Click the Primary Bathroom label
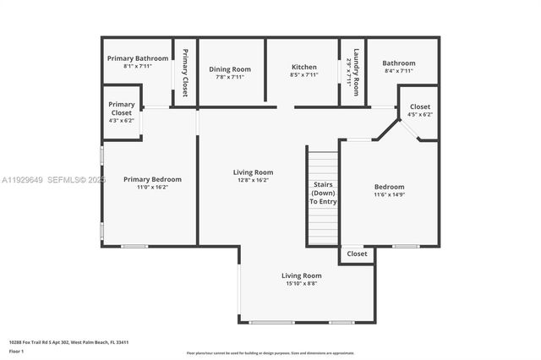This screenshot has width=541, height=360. (138, 58)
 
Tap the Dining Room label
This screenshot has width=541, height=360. (230, 69)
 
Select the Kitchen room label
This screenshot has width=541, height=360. (303, 67)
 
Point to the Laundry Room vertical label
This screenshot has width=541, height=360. (357, 71)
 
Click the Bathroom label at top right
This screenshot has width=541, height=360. (398, 63)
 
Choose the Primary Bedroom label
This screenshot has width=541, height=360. (152, 179)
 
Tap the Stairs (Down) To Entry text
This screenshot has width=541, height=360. (323, 194)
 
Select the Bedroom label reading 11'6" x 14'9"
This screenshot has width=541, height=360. (390, 187)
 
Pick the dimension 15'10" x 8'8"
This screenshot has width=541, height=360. (302, 284)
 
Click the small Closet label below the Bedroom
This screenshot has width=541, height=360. (357, 254)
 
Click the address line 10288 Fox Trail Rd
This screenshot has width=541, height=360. (68, 342)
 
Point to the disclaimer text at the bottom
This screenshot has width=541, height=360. (270, 353)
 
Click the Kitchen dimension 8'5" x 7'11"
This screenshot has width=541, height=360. (303, 76)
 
